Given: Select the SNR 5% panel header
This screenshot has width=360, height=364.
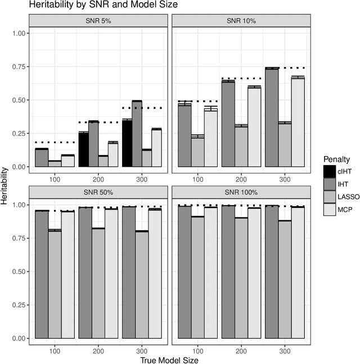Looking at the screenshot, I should coord(98,21).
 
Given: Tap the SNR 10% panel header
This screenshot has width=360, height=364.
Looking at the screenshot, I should coord(241,21).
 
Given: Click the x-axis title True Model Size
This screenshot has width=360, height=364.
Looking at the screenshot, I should coord(169,358).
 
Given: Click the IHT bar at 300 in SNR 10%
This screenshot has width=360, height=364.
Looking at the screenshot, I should coord(271,117).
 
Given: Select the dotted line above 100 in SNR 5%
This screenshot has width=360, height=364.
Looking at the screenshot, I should coord(55,142).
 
